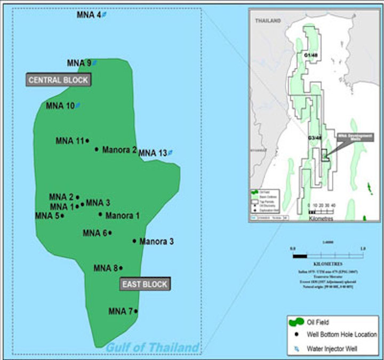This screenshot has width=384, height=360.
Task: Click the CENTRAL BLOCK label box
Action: click(x=58, y=79)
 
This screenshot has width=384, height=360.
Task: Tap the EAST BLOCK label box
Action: click(x=145, y=284)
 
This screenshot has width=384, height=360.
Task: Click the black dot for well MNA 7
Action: click(x=136, y=311)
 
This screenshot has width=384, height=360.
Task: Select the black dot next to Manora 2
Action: click(x=97, y=149)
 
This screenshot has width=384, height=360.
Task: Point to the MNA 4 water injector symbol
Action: click(x=105, y=15)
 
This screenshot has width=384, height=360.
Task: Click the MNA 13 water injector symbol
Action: click(x=171, y=153)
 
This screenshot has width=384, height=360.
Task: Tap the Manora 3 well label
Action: click(x=156, y=242)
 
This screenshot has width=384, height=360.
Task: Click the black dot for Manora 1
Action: click(x=100, y=215)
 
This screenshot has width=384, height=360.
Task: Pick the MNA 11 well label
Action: click(x=70, y=141)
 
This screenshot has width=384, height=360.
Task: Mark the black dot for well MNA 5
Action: click(x=62, y=216)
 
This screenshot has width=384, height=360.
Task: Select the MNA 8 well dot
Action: click(x=121, y=268)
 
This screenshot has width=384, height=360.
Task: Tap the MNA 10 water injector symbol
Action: click(x=78, y=106)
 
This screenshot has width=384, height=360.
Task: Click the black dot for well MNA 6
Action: click(x=110, y=233)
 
